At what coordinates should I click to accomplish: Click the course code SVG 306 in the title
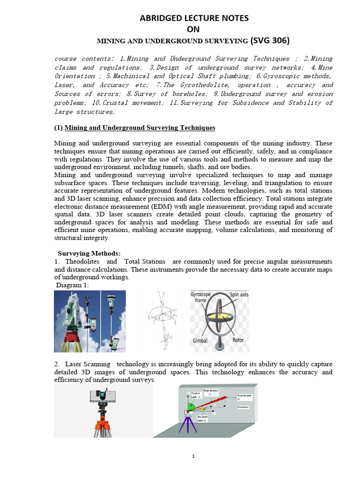pos(270,41)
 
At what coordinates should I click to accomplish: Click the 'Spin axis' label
pos(240,294)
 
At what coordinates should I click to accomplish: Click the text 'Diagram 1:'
pos(72,285)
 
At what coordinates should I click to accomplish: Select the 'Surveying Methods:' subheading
pos(89,253)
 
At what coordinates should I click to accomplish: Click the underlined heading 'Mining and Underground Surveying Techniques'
pos(140,127)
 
